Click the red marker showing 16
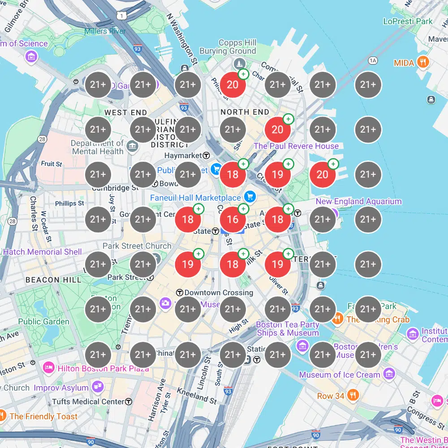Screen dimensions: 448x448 click(233, 220)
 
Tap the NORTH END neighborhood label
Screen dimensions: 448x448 click(245, 112)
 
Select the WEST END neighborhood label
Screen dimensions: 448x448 click(125, 112)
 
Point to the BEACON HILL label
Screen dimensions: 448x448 click(54, 280)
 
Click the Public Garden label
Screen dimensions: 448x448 click(44, 322)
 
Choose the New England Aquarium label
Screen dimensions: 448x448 click(358, 202)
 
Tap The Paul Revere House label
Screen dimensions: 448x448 click(296, 146)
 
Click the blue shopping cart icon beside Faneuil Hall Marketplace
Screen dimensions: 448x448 click(250, 197)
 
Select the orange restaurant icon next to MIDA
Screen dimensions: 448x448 click(422, 62)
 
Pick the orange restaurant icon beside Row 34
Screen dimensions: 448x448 click(353, 395)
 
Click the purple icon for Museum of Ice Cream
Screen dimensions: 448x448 click(389, 374)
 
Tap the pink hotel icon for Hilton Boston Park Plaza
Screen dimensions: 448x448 click(48, 368)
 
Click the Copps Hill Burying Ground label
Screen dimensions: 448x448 click(237, 47)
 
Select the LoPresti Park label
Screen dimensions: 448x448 click(408, 21)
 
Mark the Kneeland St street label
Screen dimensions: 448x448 click(198, 395)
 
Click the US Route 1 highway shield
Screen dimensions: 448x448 click(121, 16)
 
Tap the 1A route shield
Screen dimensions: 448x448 click(374, 60)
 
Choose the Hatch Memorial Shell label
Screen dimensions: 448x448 click(43, 252)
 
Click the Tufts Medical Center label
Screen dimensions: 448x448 click(88, 401)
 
